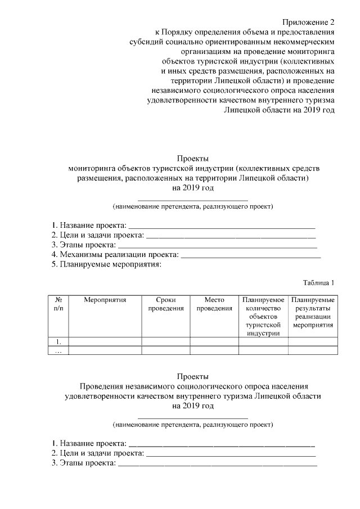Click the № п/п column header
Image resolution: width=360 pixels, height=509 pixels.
58,304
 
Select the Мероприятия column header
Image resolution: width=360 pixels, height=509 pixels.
105,300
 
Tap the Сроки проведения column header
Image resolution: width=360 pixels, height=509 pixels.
165,304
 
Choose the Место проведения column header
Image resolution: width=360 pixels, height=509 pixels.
214,304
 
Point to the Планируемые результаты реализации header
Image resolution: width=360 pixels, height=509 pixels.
313,313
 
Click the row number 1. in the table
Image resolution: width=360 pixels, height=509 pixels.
58,341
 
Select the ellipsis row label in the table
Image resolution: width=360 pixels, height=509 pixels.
58,350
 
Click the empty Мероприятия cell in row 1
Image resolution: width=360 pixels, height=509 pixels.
105,341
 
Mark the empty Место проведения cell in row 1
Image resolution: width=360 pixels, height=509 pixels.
214,341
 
